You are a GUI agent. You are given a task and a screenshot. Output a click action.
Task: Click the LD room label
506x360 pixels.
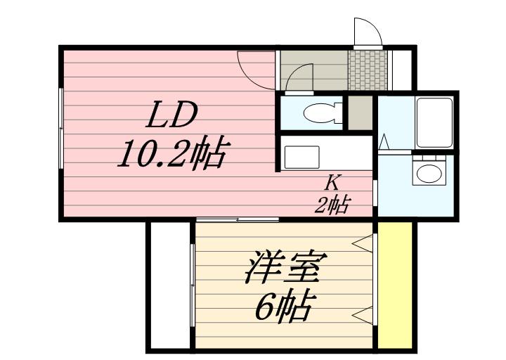171,115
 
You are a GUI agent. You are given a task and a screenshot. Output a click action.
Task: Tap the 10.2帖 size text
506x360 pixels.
171,153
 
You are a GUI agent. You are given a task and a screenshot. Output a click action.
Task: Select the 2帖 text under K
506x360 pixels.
332,205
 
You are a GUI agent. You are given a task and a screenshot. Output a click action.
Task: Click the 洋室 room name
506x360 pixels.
285,269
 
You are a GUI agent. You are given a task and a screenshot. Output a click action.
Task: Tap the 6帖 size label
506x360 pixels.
283,307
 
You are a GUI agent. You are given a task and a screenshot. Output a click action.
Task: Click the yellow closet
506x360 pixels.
395,283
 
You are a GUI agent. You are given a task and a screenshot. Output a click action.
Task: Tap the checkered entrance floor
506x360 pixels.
368,69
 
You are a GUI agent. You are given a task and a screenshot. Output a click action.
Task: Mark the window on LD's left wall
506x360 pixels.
62,129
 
